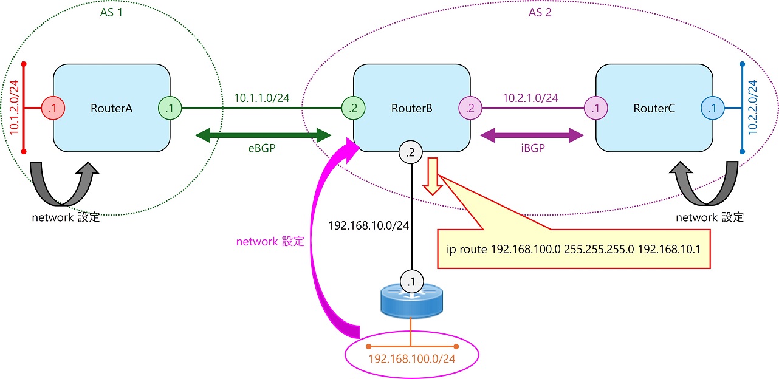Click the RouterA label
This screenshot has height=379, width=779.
(x=112, y=109)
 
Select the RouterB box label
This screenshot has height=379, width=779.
(x=412, y=109)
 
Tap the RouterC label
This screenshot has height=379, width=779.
(x=654, y=109)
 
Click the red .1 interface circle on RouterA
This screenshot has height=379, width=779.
(x=53, y=109)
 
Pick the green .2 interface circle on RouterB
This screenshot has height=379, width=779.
(x=353, y=109)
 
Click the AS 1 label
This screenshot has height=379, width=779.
(x=111, y=12)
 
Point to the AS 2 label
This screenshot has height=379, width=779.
(x=540, y=12)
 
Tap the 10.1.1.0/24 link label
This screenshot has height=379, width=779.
(x=262, y=97)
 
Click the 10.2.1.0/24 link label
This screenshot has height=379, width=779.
(x=530, y=97)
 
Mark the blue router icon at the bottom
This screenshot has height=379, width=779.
(x=411, y=302)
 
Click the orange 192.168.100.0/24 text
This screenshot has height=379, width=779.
(x=411, y=359)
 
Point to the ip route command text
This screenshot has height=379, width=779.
(x=574, y=249)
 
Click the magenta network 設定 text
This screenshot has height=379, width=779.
(x=270, y=241)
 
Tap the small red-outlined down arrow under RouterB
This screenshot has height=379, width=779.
(x=433, y=176)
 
